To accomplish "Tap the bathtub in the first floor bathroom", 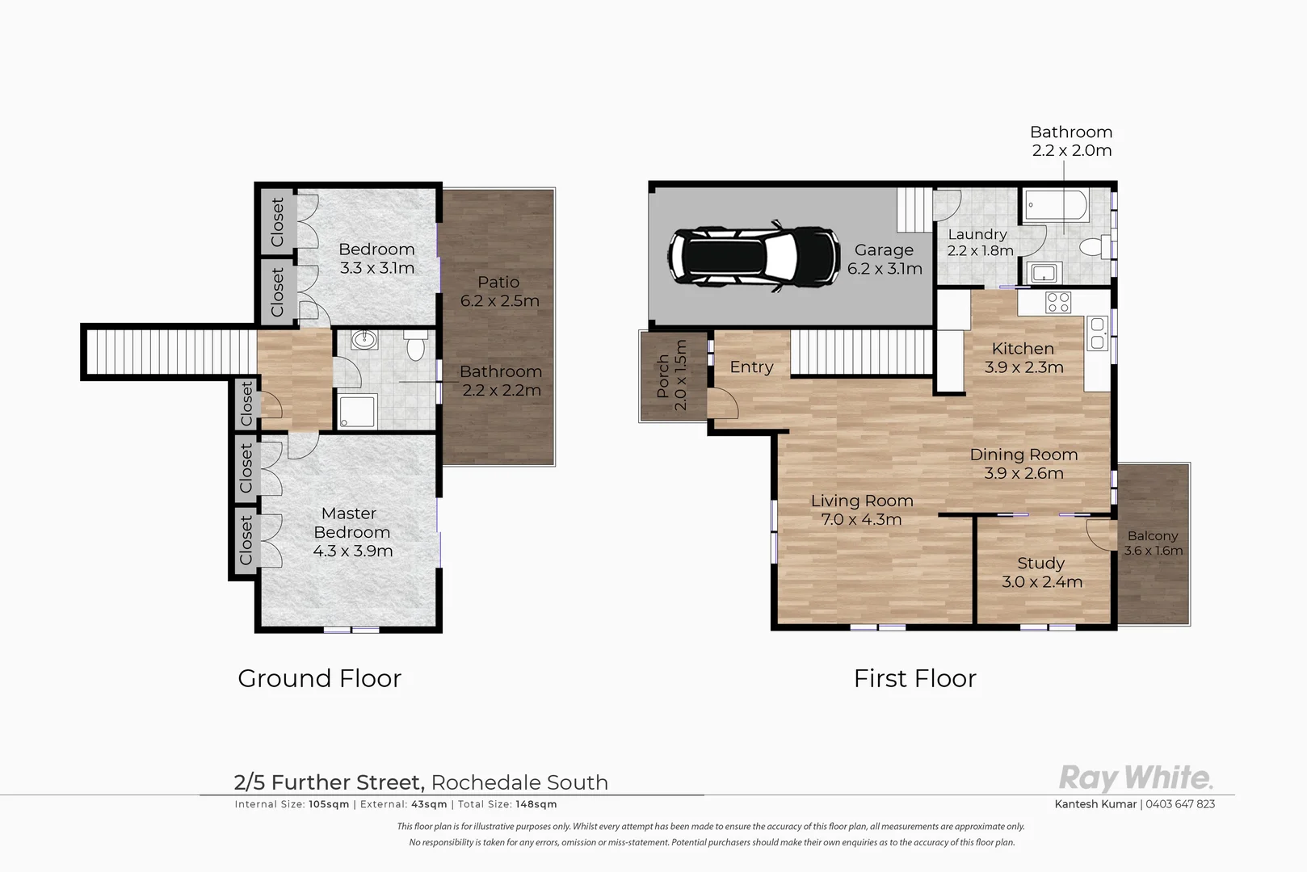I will coord(1055,206).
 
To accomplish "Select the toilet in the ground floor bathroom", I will coord(415,346).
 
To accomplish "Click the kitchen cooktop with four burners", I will coord(1057,303).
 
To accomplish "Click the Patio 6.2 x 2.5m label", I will coord(499,291).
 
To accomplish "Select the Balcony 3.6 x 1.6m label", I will coord(1153,543).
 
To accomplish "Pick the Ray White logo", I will coord(1135,778).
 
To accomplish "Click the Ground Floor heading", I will coord(319,678).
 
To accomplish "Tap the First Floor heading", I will coord(914,678).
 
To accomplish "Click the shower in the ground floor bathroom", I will coord(356,410).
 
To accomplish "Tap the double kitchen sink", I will coord(1097,333).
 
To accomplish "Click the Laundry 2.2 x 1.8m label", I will coord(979,242).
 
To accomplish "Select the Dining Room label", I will coord(1023,464).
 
